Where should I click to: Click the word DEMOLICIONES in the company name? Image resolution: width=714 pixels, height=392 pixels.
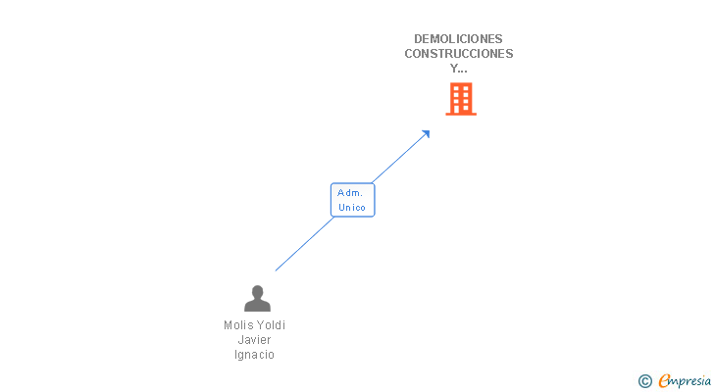[x=459, y=39]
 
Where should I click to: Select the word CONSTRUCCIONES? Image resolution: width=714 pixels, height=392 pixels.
[x=459, y=54]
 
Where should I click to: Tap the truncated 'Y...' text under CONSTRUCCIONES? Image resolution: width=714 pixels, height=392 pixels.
[x=459, y=69]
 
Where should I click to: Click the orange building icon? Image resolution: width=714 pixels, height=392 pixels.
[x=461, y=99]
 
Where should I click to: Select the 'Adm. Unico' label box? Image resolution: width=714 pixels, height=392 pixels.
[x=352, y=200]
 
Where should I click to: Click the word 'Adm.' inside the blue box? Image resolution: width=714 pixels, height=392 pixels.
[x=350, y=193]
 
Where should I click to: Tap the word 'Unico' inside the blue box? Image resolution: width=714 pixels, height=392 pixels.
[x=352, y=208]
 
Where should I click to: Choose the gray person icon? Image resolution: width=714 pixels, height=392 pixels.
[x=257, y=298]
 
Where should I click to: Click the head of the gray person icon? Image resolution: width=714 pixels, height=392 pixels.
[x=257, y=291]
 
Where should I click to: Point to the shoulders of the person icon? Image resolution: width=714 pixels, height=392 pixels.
[x=257, y=306]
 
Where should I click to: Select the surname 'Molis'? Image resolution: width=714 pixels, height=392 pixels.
[x=238, y=325]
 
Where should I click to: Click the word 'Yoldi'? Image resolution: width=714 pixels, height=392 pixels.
[x=271, y=325]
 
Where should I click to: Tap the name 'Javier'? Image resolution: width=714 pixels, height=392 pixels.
[x=255, y=340]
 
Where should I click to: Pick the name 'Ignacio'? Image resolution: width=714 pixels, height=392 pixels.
[x=255, y=355]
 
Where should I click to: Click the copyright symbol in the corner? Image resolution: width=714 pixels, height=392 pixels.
[x=644, y=381]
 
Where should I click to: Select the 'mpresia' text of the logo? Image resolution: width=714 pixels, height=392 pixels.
[x=690, y=381]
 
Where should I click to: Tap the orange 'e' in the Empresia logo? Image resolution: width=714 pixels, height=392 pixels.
[x=664, y=381]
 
